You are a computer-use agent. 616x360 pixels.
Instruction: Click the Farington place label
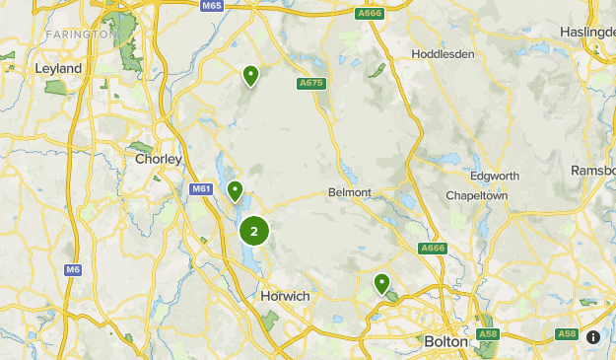(81, 35)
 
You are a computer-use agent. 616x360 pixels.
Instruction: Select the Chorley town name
(158, 158)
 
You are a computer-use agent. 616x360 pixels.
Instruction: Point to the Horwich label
(285, 296)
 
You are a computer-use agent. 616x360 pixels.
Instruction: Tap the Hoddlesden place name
(443, 54)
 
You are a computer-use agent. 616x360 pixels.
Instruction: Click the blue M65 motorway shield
(210, 6)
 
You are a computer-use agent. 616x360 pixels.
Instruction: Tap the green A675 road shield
(311, 84)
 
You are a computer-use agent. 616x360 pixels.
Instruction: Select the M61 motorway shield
(201, 188)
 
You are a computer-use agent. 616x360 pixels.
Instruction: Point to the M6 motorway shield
(73, 269)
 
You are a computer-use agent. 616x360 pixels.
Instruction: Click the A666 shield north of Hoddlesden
(369, 13)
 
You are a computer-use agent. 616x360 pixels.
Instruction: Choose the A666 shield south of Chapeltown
(433, 249)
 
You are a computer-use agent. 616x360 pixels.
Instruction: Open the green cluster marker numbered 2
(254, 232)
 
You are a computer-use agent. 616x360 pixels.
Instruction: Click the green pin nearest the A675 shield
(251, 75)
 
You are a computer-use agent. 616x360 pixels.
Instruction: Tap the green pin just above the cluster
(235, 190)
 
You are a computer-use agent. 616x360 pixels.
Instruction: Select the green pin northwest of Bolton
(381, 284)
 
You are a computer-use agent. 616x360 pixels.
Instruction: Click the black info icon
(593, 336)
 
